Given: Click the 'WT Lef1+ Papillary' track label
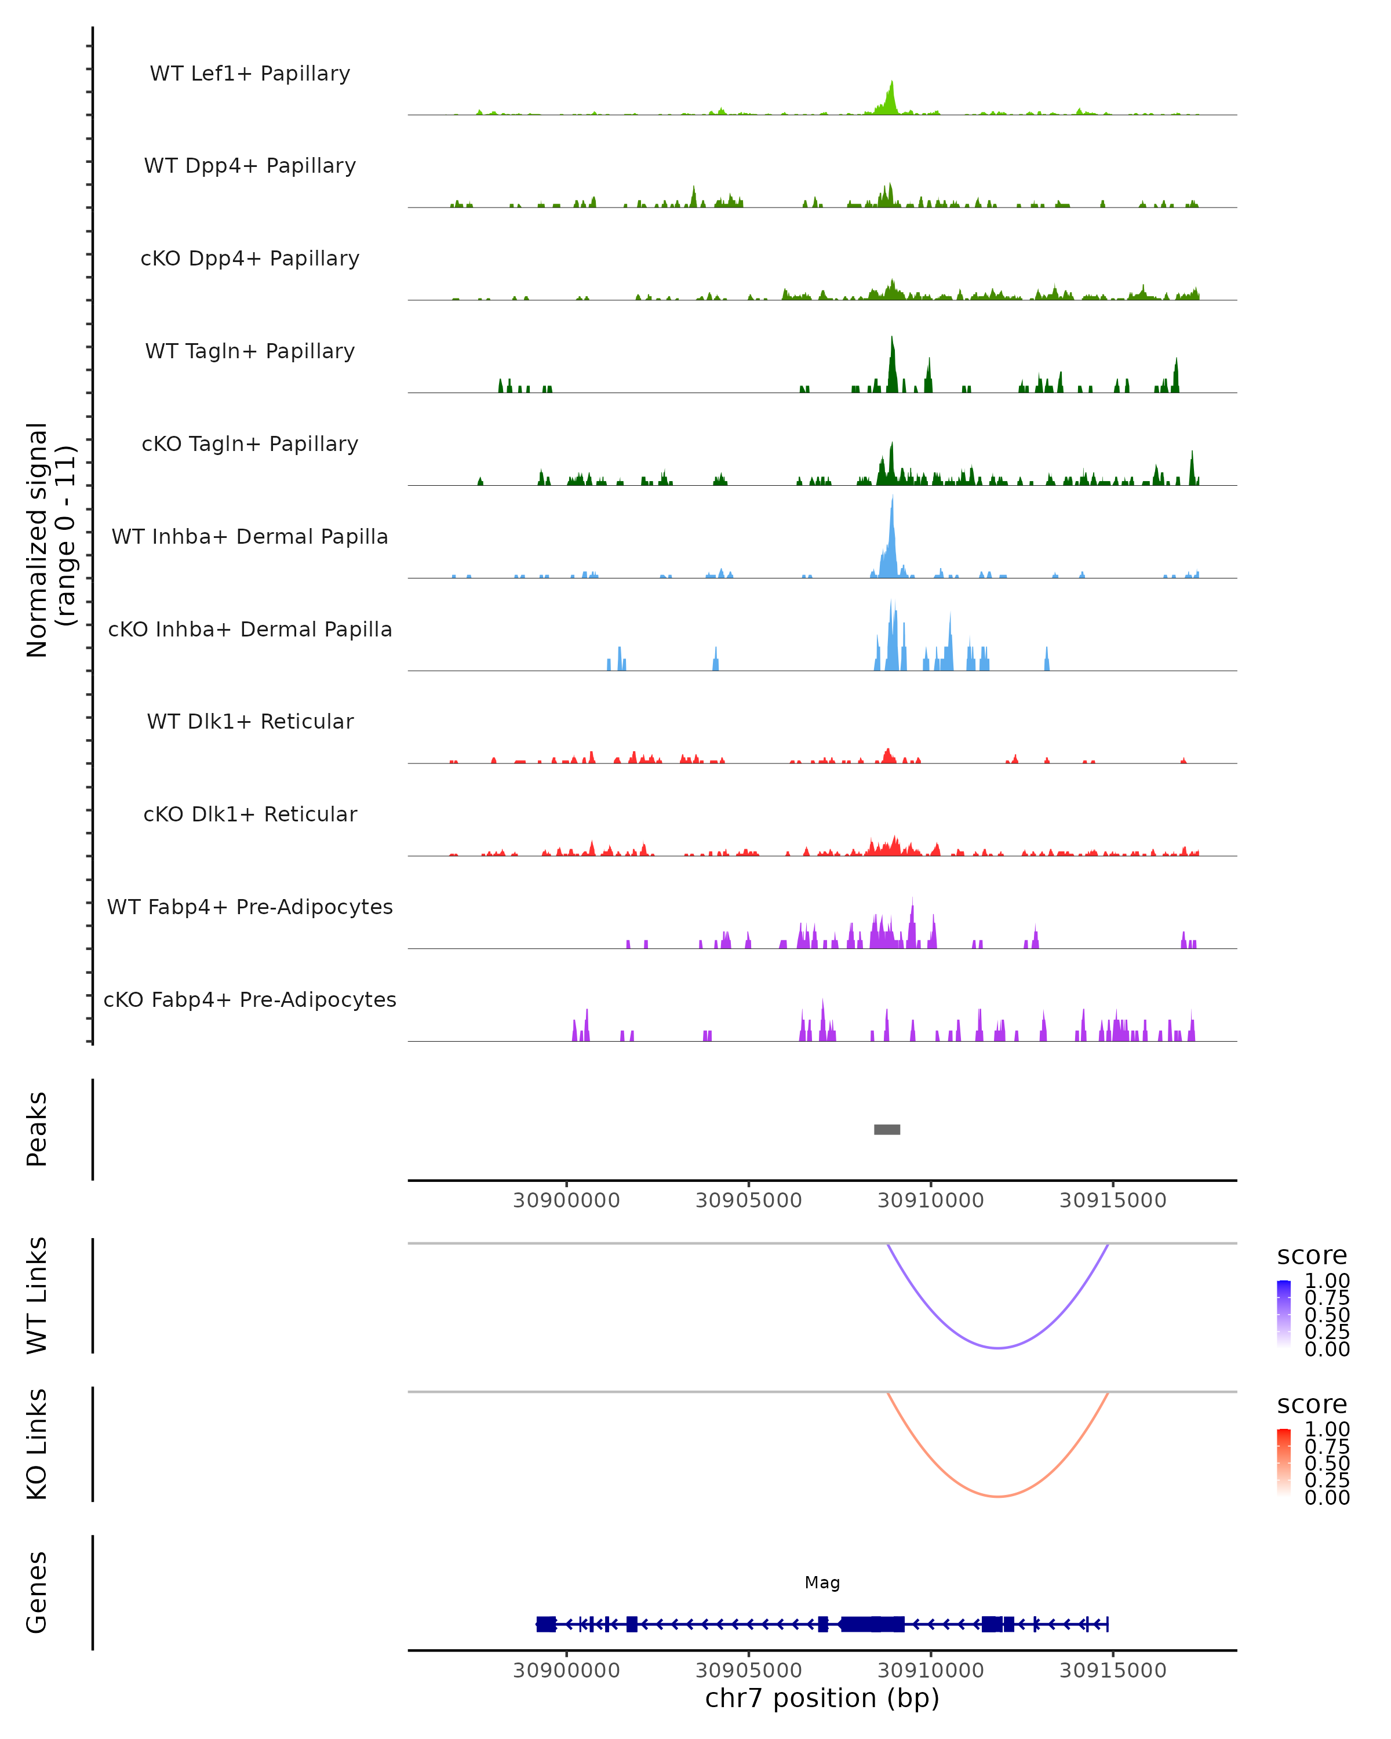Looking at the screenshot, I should click(250, 74).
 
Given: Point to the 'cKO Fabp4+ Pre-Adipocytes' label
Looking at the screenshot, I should click(250, 999).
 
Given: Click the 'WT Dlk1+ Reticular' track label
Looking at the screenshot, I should click(250, 721).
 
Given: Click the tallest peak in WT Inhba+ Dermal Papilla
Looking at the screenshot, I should click(892, 499).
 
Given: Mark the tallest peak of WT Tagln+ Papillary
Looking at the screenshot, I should click(892, 339).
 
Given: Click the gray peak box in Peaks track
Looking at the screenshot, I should click(887, 1129).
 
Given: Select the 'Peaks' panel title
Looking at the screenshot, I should click(37, 1129).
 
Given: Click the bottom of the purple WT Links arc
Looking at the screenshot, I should click(997, 1348).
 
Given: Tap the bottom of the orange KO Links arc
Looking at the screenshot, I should click(997, 1496).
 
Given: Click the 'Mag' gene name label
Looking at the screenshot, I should click(822, 1582).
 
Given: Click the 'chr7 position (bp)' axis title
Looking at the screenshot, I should click(822, 1698).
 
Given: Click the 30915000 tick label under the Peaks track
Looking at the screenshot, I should click(1113, 1200).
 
